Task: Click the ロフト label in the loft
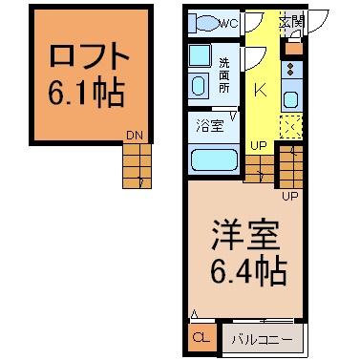(x=90, y=56)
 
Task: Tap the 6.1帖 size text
(x=86, y=93)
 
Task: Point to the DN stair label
(x=135, y=136)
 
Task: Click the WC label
(x=229, y=24)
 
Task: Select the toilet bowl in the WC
(x=208, y=23)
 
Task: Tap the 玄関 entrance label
(x=292, y=21)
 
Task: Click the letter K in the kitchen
(x=261, y=90)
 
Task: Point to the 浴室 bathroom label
(x=209, y=125)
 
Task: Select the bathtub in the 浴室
(x=214, y=160)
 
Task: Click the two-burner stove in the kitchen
(x=291, y=71)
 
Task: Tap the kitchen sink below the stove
(x=291, y=99)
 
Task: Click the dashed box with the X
(x=291, y=127)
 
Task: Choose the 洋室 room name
(x=245, y=235)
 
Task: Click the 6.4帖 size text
(x=248, y=271)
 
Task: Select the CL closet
(x=201, y=337)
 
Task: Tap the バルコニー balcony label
(x=262, y=340)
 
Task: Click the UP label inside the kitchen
(x=258, y=146)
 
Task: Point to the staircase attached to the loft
(x=137, y=166)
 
